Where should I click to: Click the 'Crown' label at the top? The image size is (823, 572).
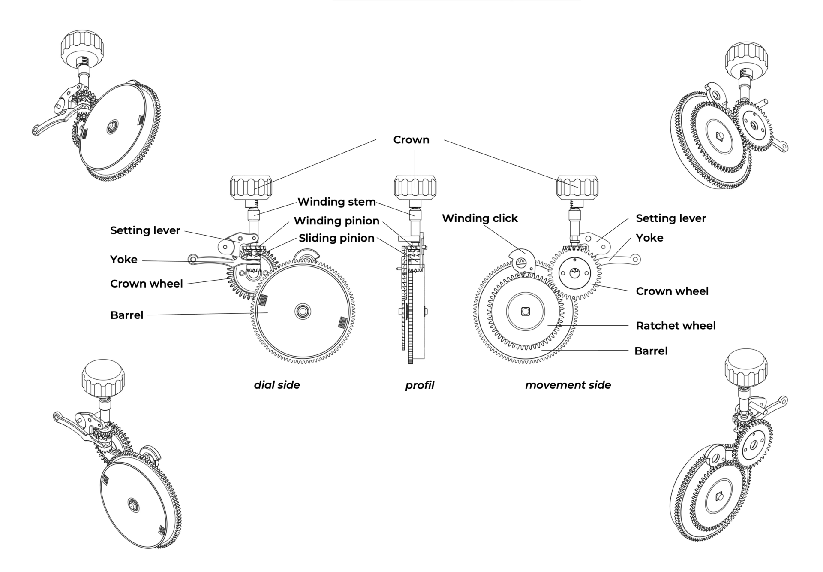tap(411, 140)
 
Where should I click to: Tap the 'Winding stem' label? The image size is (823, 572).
tap(336, 202)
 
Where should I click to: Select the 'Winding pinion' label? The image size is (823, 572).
tap(336, 221)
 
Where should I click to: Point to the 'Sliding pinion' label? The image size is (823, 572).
tap(336, 238)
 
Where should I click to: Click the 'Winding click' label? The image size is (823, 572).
tap(480, 218)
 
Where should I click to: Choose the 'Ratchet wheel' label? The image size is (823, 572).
tap(676, 326)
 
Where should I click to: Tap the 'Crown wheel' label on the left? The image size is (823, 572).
tap(146, 284)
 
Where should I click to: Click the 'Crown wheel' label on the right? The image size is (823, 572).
tap(672, 291)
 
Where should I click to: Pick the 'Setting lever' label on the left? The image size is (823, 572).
tap(145, 230)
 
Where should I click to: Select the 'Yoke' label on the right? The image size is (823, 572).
tap(649, 238)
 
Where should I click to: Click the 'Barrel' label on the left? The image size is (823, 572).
tap(126, 315)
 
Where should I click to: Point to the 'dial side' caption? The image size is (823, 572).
tap(277, 385)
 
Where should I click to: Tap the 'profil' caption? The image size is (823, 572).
tap(420, 385)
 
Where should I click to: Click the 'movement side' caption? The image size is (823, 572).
tap(568, 385)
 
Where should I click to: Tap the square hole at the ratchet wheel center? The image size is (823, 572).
tap(525, 311)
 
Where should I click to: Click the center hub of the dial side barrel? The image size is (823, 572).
tap(303, 311)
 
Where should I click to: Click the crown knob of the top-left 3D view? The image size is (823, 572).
tap(81, 45)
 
